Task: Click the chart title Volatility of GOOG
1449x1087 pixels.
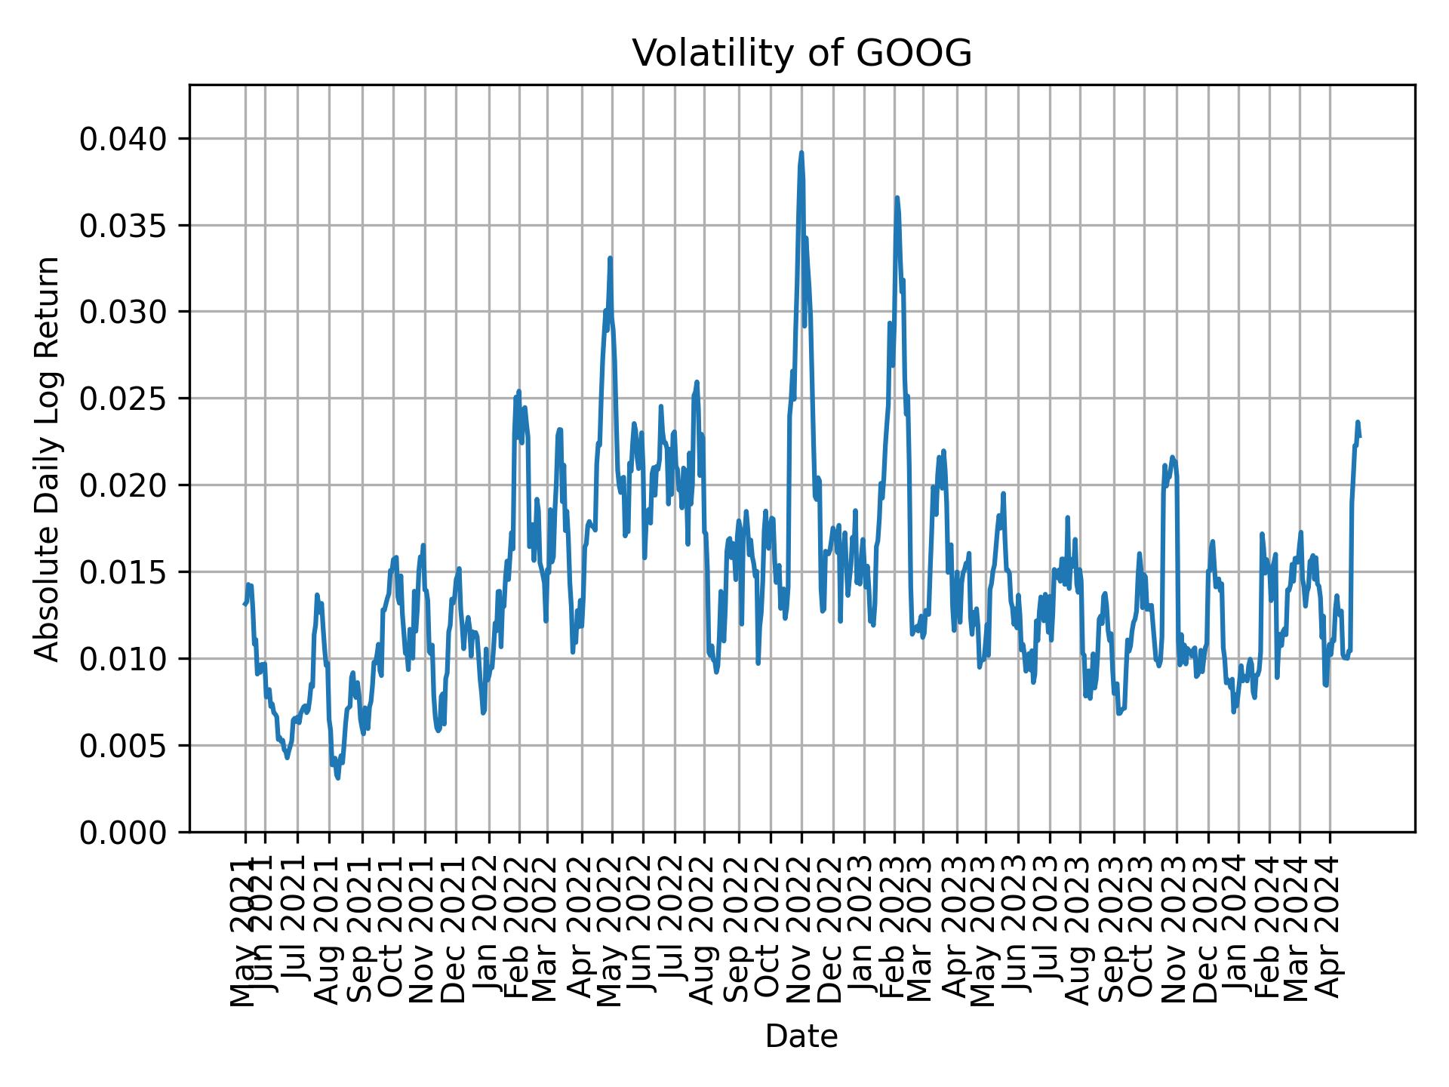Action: coord(801,54)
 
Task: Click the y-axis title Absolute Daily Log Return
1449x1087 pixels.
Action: coord(48,458)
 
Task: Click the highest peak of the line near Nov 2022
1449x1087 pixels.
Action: coord(801,152)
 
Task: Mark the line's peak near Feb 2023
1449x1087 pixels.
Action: coord(897,197)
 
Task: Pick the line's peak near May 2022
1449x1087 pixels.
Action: coord(610,258)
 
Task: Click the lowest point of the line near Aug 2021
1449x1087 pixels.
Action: coord(337,778)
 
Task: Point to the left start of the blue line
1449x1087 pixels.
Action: coord(244,604)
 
